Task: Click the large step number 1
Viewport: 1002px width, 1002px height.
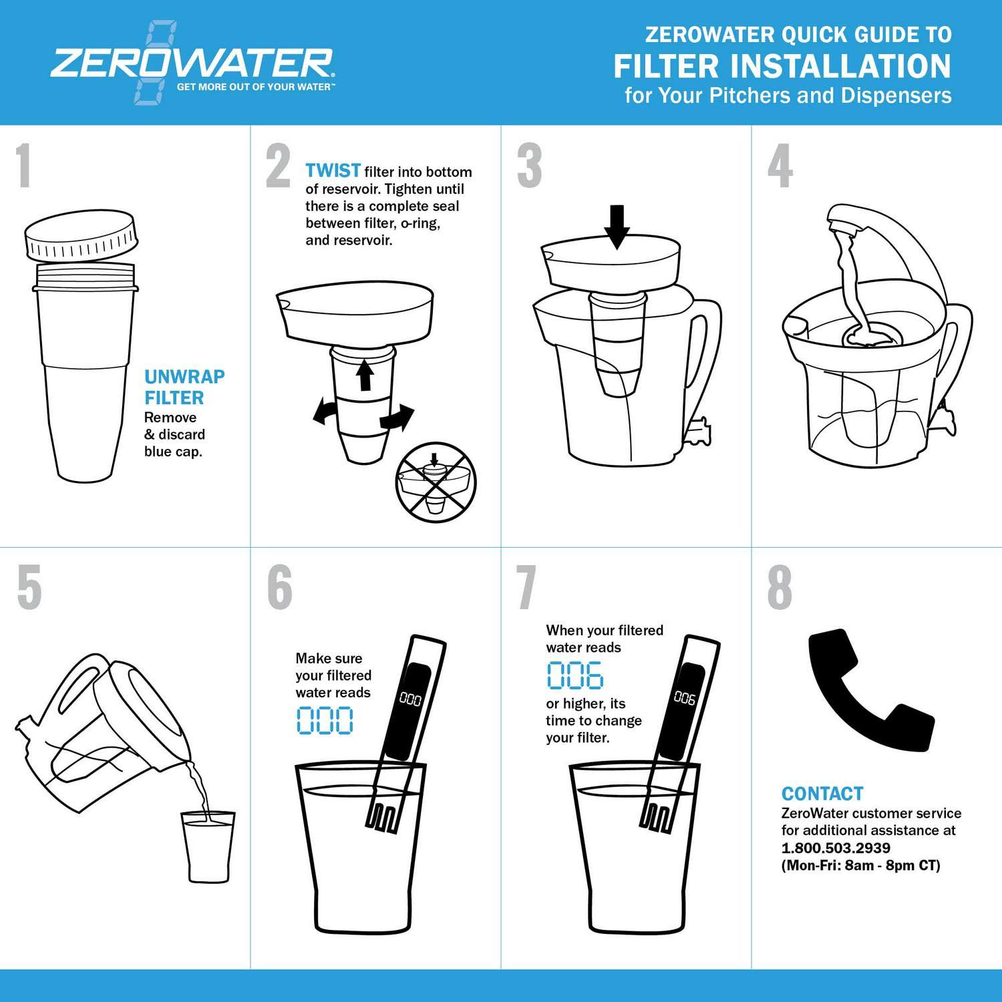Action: (24, 166)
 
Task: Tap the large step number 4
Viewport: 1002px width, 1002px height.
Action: (780, 166)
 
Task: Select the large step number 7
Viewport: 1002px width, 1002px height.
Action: (527, 588)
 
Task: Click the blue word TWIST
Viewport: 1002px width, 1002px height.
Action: (333, 171)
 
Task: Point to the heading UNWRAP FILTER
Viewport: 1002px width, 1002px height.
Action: (184, 387)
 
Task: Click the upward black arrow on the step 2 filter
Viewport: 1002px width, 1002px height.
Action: (364, 375)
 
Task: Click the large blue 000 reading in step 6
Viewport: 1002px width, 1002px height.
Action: (325, 720)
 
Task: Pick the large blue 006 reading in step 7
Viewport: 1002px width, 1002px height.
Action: (575, 675)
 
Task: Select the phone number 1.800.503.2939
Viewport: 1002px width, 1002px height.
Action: (836, 848)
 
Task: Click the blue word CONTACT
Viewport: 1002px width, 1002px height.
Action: (822, 794)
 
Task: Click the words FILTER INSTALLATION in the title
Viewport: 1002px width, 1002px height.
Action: (782, 66)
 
